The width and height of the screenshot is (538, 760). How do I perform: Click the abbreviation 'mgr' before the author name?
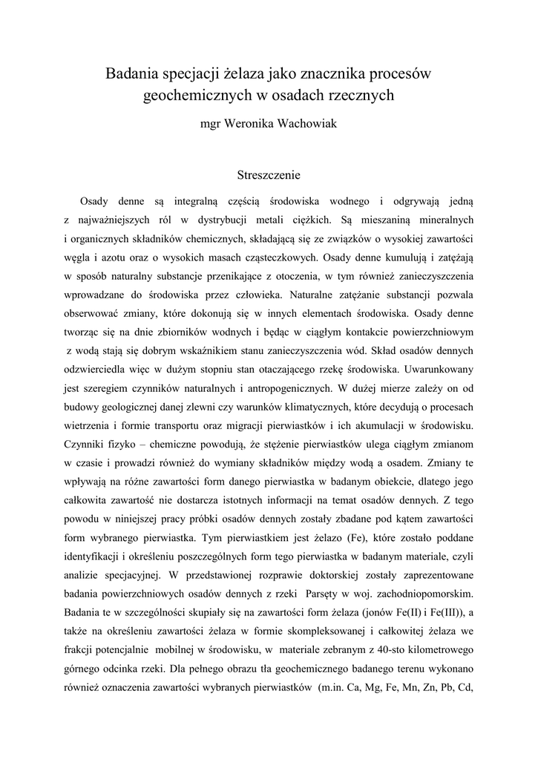[x=211, y=124]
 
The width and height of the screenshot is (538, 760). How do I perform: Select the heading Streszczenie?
[x=269, y=176]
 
